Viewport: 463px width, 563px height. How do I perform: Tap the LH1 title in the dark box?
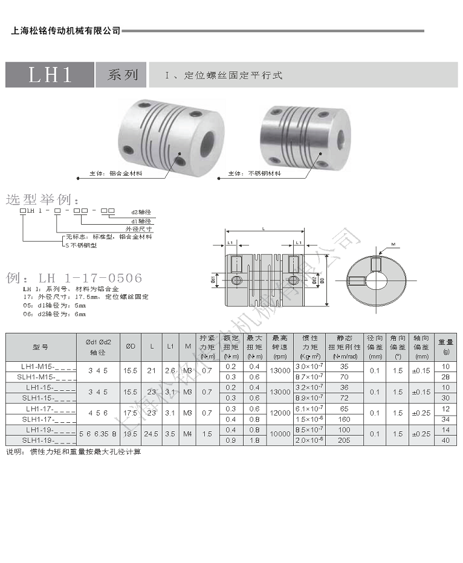pos(50,75)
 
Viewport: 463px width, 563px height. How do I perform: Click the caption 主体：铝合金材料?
pos(115,173)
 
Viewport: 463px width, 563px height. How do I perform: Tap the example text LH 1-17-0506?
pos(91,278)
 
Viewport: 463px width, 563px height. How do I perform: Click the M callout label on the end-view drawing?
pos(393,245)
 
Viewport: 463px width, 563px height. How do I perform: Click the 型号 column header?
pos(40,347)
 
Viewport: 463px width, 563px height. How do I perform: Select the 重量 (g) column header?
pos(446,346)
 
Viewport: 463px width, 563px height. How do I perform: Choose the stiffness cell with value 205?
pos(344,440)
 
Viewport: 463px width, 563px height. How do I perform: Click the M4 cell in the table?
pos(189,434)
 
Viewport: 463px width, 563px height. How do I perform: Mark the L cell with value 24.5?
pos(152,434)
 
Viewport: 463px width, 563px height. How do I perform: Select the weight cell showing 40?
pos(446,440)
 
